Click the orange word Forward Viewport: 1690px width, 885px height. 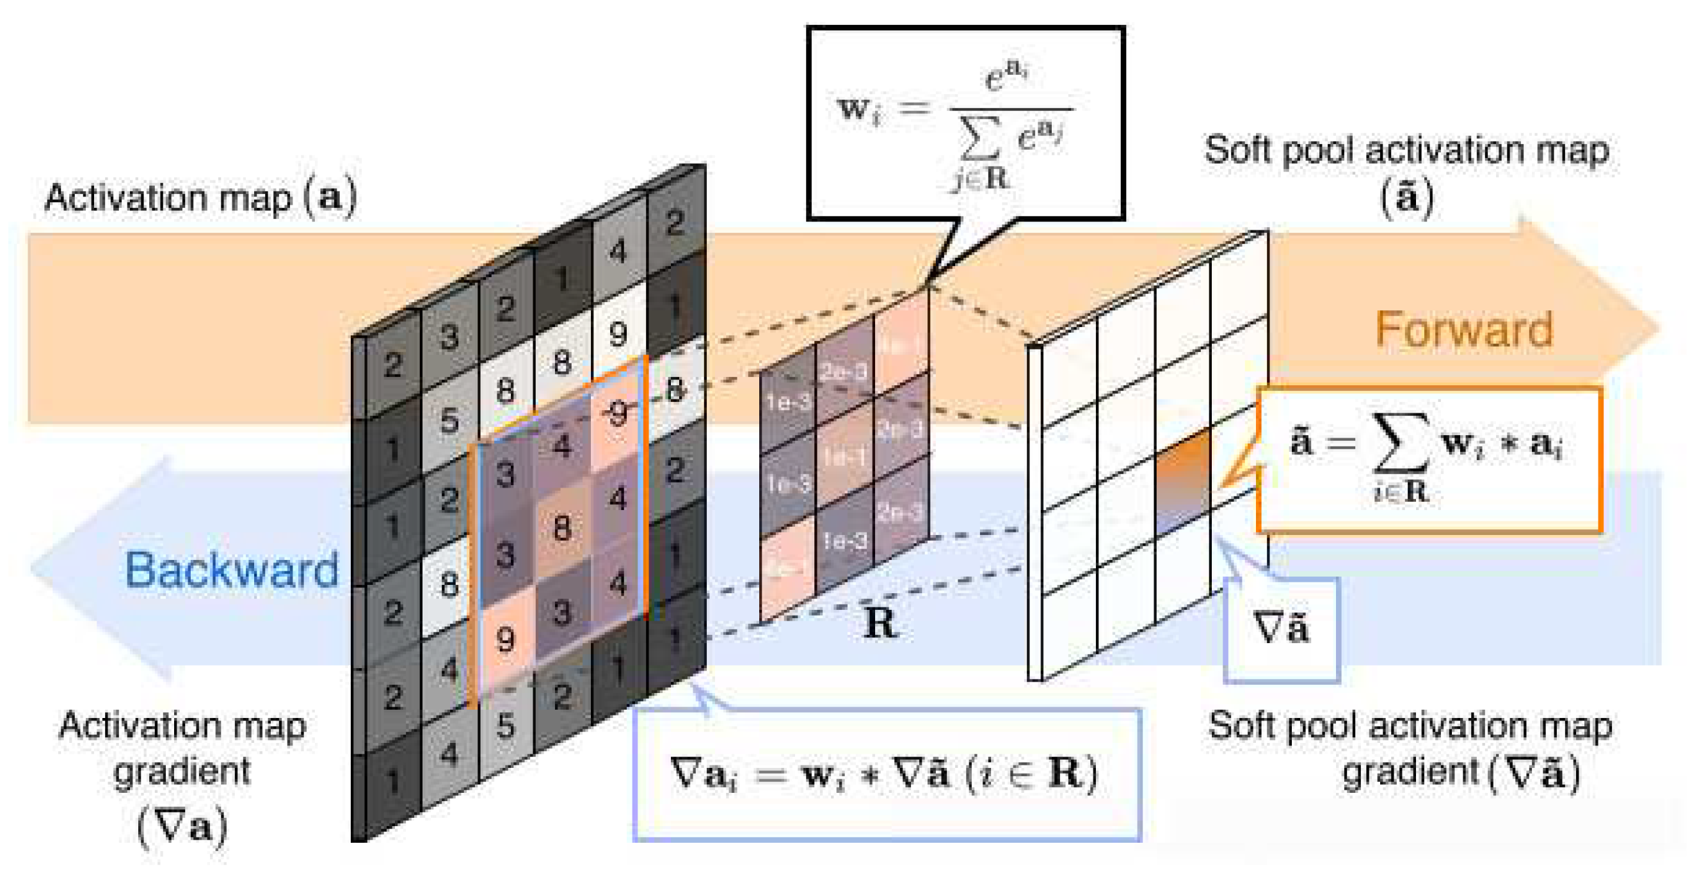(1464, 330)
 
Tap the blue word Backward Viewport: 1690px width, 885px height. (231, 570)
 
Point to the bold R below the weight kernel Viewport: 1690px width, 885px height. (879, 623)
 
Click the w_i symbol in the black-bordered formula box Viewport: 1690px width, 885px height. (859, 109)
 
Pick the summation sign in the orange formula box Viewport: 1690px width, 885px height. (1401, 443)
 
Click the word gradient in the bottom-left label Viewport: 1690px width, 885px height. (182, 772)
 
